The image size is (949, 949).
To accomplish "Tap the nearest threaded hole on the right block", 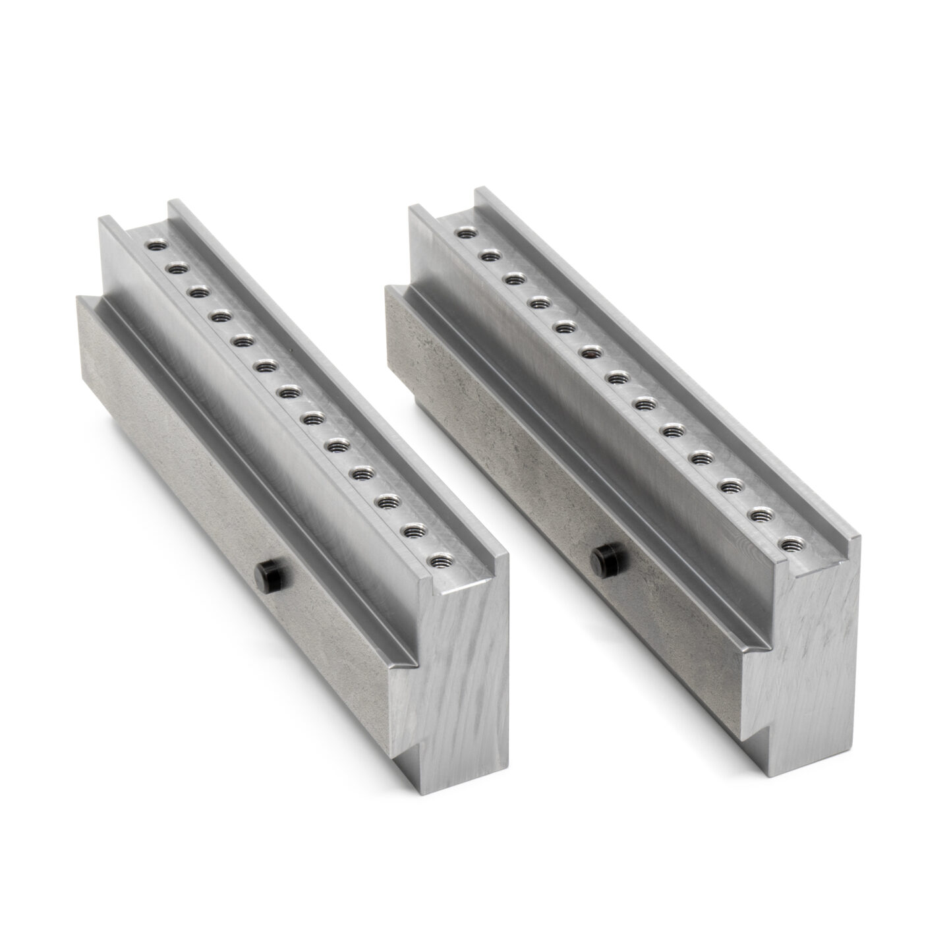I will pos(789,545).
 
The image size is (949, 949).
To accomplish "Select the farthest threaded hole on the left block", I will pos(156,245).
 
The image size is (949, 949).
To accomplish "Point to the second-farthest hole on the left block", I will pos(177,268).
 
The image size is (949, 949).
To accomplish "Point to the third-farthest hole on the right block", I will pos(515,279).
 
